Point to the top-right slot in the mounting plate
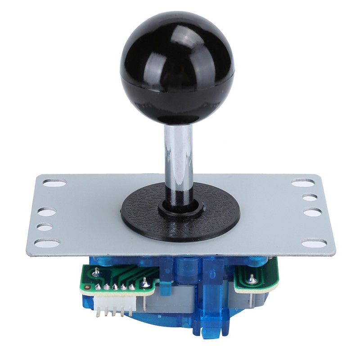click(303, 183)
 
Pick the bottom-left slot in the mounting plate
click(47, 243)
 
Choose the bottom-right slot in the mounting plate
click(314, 243)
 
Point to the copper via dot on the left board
click(96, 271)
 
